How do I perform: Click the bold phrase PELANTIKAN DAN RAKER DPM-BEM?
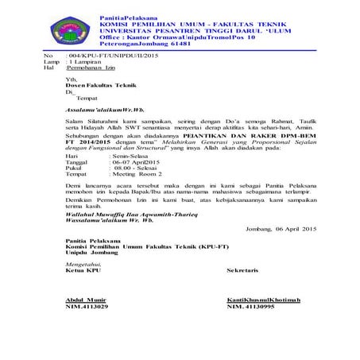click(246, 136)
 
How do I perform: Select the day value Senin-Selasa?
click(128, 157)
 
